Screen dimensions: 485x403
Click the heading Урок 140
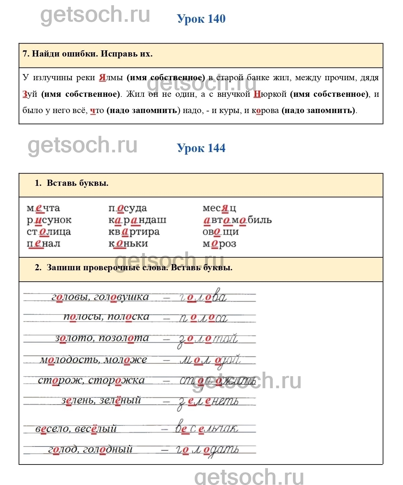(x=201, y=19)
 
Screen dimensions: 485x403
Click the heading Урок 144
(x=201, y=148)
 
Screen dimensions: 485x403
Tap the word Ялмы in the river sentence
(x=111, y=78)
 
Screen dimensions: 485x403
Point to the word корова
(x=265, y=111)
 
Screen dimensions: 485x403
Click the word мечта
(x=43, y=208)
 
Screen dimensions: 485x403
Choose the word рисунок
(x=49, y=220)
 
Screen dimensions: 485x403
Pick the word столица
(x=49, y=232)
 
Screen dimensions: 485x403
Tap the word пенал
(x=44, y=244)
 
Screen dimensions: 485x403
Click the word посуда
(x=128, y=208)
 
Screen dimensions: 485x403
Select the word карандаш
(x=137, y=220)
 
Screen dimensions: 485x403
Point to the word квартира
(x=134, y=232)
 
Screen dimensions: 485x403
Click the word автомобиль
(x=237, y=220)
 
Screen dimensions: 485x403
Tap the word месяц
(x=219, y=208)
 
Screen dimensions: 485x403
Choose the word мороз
(x=219, y=244)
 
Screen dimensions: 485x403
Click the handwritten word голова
(x=203, y=297)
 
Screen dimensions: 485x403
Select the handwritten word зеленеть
(x=208, y=402)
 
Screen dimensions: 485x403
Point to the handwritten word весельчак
(x=207, y=428)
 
